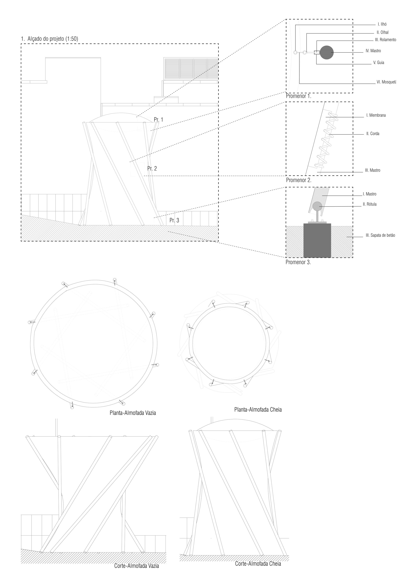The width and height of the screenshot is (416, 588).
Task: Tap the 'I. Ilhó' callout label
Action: click(382, 24)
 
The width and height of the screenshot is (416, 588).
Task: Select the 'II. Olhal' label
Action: click(382, 33)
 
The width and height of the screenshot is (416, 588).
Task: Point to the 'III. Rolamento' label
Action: click(385, 40)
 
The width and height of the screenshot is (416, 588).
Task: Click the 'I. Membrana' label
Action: click(376, 115)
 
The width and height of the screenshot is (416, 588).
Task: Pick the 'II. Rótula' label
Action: click(370, 204)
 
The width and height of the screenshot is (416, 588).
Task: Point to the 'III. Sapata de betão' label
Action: click(380, 235)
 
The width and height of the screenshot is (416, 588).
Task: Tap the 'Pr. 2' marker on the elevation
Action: click(152, 168)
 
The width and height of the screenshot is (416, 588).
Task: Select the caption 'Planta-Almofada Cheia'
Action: click(258, 409)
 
